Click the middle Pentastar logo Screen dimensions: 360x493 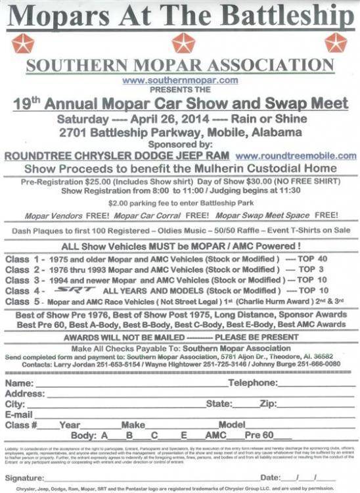(x=183, y=43)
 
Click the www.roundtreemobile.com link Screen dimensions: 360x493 (x=296, y=156)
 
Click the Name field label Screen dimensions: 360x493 (x=19, y=383)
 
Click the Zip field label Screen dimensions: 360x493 (x=268, y=404)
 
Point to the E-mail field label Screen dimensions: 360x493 (x=19, y=415)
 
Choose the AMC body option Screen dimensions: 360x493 (x=215, y=435)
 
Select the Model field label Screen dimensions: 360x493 (x=232, y=425)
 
